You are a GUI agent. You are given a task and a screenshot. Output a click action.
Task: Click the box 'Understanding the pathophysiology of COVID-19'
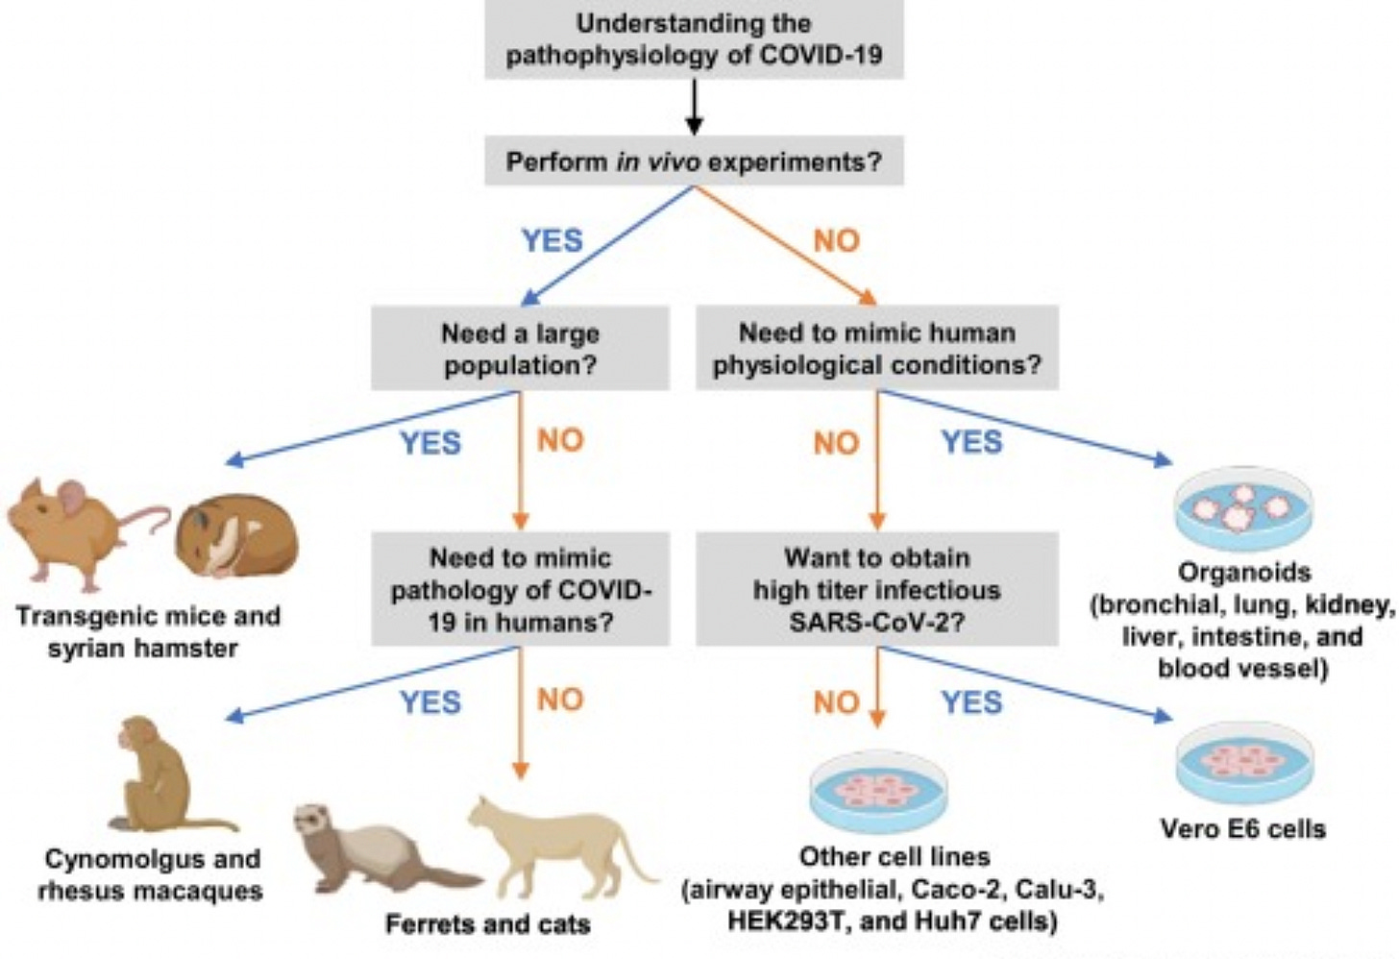click(x=694, y=38)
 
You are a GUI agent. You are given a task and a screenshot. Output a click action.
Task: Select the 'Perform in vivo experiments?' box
click(x=694, y=160)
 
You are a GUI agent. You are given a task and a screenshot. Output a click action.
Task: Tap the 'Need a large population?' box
click(x=520, y=349)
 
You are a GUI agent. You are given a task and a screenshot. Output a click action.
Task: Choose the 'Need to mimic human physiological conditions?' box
click(x=876, y=349)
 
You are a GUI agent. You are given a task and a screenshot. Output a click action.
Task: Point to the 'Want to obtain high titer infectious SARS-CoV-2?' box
click(x=876, y=589)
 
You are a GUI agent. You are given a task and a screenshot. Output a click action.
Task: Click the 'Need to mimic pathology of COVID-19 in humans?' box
click(x=520, y=589)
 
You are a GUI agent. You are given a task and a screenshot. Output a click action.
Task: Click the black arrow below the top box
click(x=694, y=108)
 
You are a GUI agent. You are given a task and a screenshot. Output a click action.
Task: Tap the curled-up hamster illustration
click(x=235, y=535)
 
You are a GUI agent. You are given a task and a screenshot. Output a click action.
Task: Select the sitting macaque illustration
click(x=159, y=774)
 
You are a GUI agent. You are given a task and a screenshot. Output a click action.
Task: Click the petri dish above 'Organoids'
click(x=1243, y=507)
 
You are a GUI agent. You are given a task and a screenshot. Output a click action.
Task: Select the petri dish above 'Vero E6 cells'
click(x=1243, y=762)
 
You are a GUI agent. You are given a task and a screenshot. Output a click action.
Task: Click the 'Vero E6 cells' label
click(x=1243, y=828)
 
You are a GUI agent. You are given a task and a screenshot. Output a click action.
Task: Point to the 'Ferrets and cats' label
click(x=487, y=924)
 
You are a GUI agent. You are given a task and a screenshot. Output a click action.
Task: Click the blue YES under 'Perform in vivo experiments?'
click(x=552, y=240)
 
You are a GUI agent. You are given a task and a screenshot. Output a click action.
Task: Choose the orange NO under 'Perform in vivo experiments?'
click(x=836, y=240)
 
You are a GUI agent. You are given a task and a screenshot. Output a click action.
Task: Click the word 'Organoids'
click(x=1243, y=573)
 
